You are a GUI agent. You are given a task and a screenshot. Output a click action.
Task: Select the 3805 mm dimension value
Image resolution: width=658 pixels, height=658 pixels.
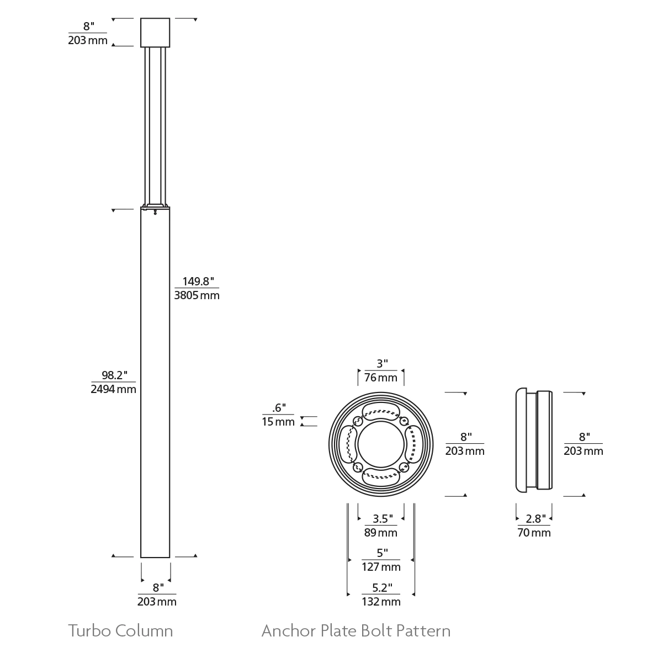[197, 295]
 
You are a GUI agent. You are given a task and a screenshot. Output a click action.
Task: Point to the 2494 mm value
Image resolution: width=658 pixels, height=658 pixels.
[113, 389]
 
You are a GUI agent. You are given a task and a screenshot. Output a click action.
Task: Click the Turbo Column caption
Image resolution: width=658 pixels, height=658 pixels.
[120, 630]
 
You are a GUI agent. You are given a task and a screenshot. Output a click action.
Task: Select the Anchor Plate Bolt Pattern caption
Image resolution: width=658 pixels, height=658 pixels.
[356, 630]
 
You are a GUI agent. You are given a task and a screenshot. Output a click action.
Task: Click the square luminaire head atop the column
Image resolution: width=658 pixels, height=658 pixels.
[155, 33]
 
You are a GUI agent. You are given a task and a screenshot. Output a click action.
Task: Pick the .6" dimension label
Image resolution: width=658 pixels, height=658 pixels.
[279, 408]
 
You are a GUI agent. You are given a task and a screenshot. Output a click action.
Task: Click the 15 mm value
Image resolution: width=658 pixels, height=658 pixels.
[278, 422]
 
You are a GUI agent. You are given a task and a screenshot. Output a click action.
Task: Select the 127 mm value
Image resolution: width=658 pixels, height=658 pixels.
[381, 567]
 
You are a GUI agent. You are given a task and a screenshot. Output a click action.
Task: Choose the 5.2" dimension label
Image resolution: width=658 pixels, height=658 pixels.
[382, 587]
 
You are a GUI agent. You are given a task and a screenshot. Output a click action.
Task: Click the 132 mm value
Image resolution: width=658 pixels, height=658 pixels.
[381, 601]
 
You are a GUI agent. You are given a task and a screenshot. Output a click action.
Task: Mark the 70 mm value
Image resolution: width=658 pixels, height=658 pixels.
[534, 532]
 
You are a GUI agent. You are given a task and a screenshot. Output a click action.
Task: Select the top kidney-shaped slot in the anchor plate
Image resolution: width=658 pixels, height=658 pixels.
[380, 411]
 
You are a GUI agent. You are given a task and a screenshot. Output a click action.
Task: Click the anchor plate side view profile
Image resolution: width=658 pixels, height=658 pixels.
[533, 440]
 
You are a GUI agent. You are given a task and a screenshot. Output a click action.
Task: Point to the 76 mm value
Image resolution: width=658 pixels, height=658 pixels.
[380, 378]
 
